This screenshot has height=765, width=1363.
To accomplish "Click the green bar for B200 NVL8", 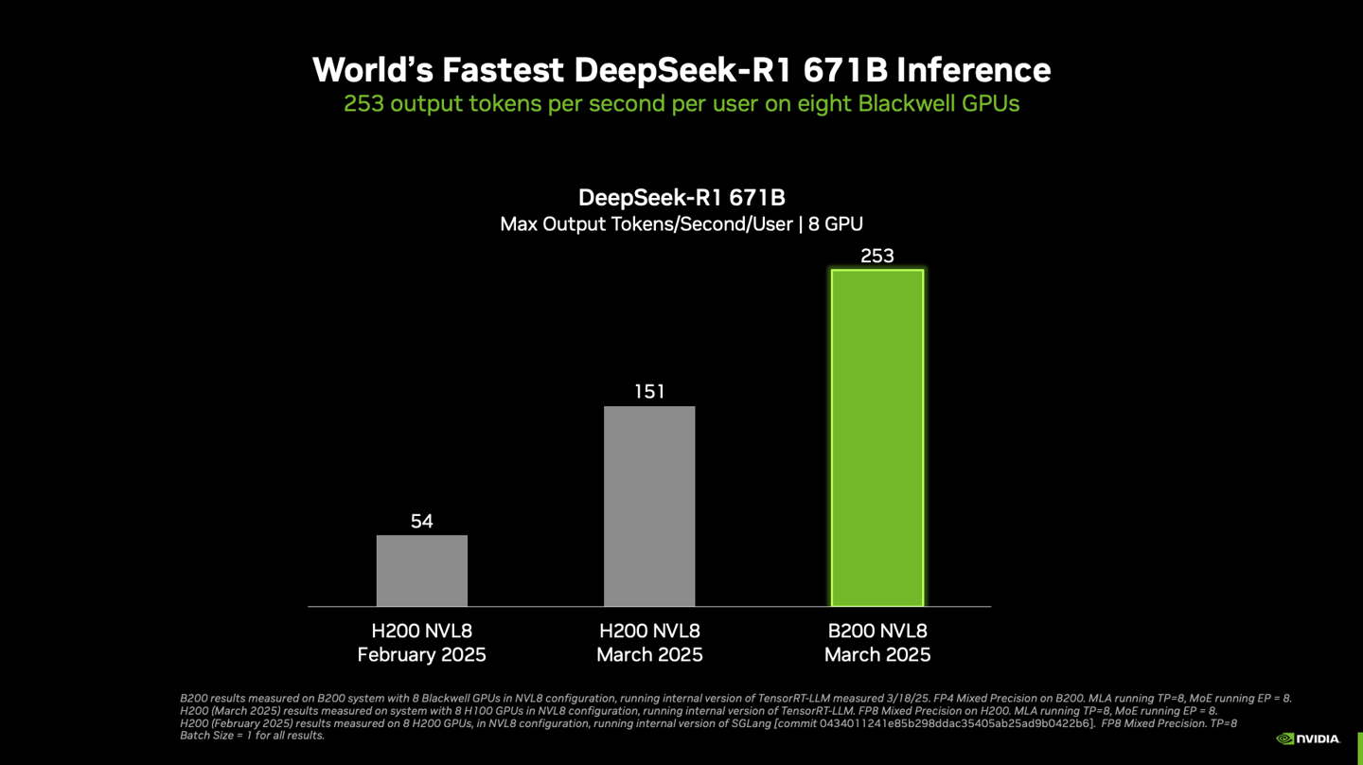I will pyautogui.click(x=876, y=437).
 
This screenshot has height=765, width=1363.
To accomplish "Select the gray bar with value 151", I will pyautogui.click(x=649, y=507).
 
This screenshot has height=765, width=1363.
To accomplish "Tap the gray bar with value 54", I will pyautogui.click(x=421, y=571).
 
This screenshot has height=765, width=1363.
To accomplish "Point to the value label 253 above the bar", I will pyautogui.click(x=876, y=256).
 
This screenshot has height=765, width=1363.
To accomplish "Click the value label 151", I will pyautogui.click(x=649, y=392).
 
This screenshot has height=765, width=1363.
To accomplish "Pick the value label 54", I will pyautogui.click(x=421, y=522).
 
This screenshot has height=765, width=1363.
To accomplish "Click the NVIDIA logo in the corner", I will pyautogui.click(x=1308, y=738).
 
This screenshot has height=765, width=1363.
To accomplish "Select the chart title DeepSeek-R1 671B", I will pyautogui.click(x=681, y=197).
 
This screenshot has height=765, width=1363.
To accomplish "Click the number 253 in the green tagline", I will pyautogui.click(x=363, y=104).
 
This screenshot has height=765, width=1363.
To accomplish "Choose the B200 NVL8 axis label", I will pyautogui.click(x=876, y=631).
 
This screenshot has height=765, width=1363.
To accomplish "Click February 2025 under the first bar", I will pyautogui.click(x=421, y=655).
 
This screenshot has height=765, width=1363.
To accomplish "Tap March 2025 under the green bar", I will pyautogui.click(x=876, y=655).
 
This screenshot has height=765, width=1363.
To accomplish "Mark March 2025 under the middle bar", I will pyautogui.click(x=649, y=655).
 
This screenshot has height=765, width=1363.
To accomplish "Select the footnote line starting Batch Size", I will pyautogui.click(x=252, y=736).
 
